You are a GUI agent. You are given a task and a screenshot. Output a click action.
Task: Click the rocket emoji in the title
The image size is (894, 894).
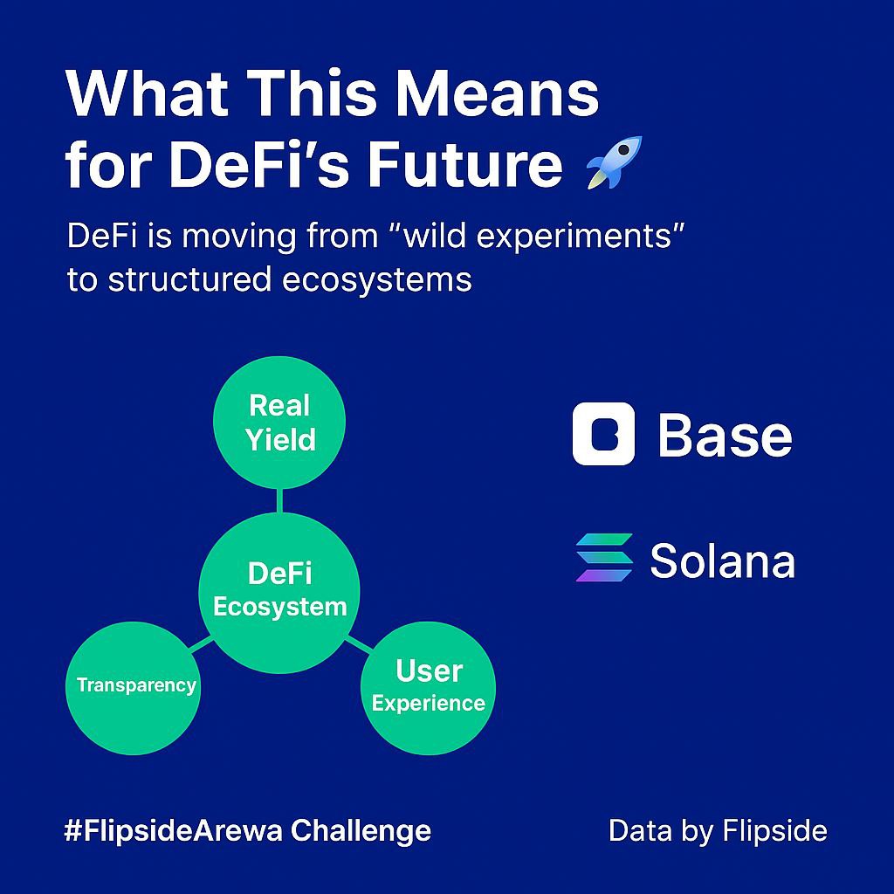(613, 162)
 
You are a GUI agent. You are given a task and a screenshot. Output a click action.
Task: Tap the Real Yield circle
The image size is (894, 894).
(279, 422)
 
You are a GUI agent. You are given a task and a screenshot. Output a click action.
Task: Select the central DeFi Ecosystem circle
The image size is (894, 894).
(279, 589)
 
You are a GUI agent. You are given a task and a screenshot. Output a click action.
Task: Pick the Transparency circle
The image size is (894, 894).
(135, 684)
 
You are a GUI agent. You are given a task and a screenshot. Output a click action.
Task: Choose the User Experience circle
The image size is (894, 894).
(428, 687)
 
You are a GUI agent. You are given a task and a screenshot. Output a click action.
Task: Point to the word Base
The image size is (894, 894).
(725, 435)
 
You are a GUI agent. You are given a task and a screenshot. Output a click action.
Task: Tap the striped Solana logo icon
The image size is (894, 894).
(604, 558)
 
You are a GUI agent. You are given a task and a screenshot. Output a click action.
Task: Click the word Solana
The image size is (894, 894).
(722, 560)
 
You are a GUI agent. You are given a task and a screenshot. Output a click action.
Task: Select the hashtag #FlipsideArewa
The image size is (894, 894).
(172, 829)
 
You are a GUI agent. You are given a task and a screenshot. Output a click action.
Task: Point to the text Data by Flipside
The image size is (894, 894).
(718, 830)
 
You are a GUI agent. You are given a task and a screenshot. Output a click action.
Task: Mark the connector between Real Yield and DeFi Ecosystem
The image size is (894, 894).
(279, 500)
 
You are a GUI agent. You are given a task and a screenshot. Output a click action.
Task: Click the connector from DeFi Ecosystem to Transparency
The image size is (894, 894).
(202, 645)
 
